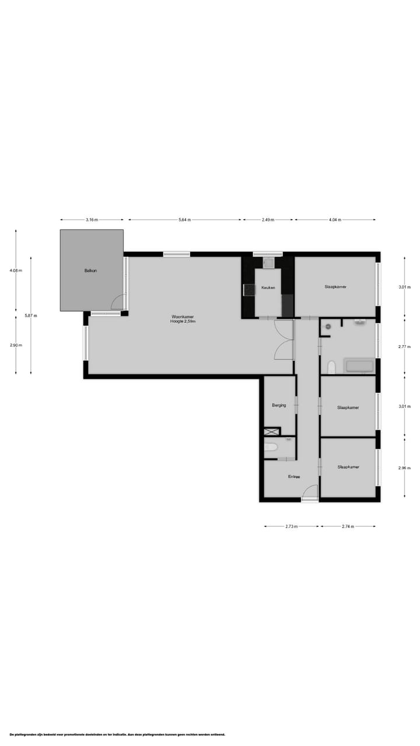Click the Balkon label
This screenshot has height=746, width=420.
tap(90, 270)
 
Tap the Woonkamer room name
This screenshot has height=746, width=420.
tap(183, 316)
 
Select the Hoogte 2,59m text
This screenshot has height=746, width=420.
tap(183, 322)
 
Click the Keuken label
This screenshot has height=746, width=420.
tap(268, 287)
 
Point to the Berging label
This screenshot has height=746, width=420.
tap(279, 405)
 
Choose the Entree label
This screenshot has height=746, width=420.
tap(294, 477)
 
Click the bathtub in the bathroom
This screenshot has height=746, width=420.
tap(359, 366)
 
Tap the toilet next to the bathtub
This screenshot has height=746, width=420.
tap(331, 367)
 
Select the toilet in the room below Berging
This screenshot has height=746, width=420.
tap(271, 448)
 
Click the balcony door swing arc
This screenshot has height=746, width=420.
tap(117, 301)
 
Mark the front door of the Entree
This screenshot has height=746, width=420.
tap(310, 493)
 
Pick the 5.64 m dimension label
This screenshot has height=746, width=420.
tap(184, 220)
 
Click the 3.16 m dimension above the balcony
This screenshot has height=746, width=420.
tap(92, 220)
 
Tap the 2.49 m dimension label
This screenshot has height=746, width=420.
tap(268, 220)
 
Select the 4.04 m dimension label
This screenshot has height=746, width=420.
tap(335, 220)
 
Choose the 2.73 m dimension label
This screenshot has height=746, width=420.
tap(291, 526)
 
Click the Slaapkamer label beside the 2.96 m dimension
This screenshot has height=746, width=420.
tap(348, 467)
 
